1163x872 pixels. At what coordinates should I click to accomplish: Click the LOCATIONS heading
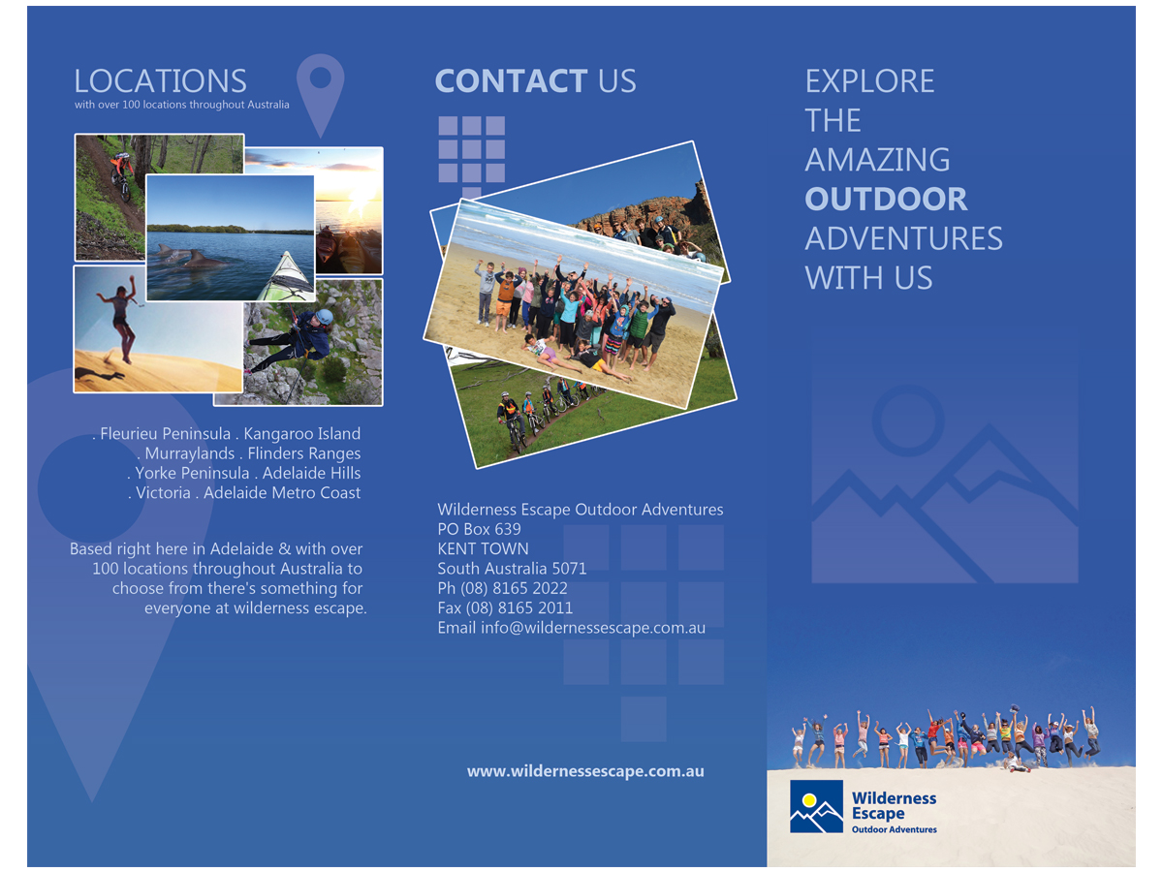[160, 81]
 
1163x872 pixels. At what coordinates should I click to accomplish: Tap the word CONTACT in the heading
[511, 81]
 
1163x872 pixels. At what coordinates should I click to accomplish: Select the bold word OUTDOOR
[886, 199]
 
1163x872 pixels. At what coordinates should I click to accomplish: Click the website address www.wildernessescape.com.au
[585, 771]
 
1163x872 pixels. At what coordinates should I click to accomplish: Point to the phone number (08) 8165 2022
[514, 588]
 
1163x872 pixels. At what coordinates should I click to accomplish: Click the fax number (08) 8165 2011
[519, 607]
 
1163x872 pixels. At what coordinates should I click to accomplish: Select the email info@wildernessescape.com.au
[593, 628]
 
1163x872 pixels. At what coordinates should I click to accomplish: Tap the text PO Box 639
[479, 529]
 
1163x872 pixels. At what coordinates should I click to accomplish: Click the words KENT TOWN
[484, 548]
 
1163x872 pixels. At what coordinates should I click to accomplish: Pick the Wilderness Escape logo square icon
[816, 806]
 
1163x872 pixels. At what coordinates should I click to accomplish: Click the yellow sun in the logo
[808, 800]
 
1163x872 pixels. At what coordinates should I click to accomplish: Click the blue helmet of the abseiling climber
[324, 317]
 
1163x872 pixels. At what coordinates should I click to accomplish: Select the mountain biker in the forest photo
[122, 174]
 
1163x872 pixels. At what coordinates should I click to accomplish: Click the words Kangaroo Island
[301, 434]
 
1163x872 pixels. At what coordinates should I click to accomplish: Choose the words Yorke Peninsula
[192, 473]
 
